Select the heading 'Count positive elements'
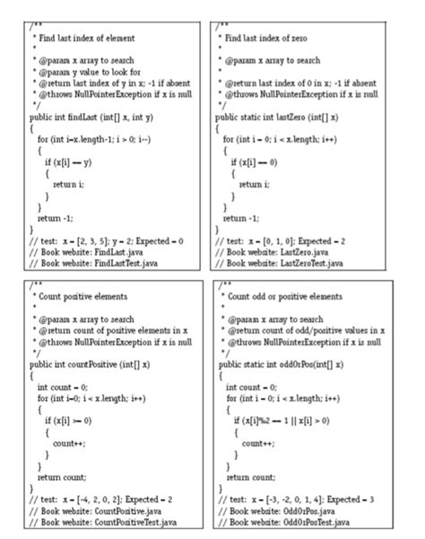pos(84,296)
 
